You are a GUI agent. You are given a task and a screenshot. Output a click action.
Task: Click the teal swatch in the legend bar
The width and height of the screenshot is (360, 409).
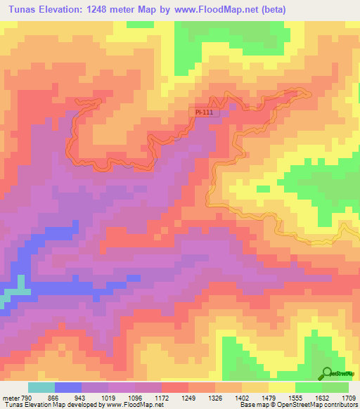41,387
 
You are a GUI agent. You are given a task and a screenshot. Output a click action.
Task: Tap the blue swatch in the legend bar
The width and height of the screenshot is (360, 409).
67,387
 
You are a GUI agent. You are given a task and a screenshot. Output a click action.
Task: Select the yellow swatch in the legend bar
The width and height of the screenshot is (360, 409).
282,387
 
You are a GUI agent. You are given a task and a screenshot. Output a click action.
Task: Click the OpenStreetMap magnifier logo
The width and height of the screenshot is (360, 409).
326,375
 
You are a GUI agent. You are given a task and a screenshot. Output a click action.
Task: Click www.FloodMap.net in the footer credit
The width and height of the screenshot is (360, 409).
134,405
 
